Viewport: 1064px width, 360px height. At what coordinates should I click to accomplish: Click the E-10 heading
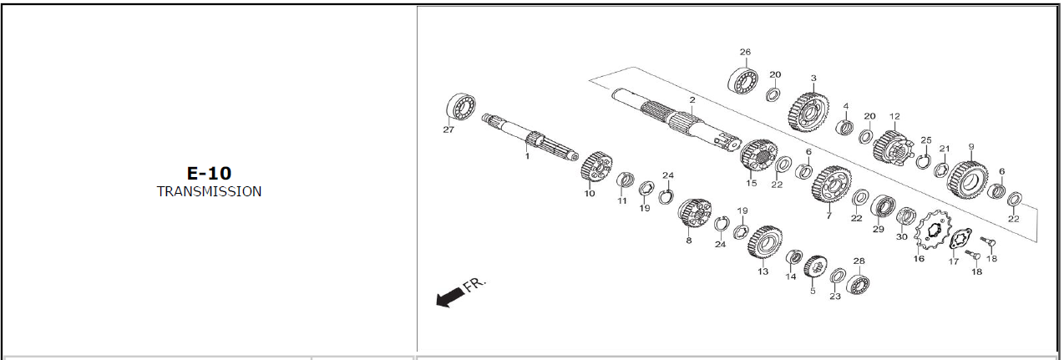click(x=209, y=174)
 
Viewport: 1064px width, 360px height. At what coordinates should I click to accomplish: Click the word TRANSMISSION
click(x=209, y=192)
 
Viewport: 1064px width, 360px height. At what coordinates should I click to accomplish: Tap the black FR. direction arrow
click(x=449, y=297)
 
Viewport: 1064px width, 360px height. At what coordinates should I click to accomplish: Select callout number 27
click(x=448, y=129)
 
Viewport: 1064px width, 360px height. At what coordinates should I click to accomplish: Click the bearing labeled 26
click(x=742, y=81)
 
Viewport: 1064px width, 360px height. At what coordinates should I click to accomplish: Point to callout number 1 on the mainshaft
click(x=527, y=156)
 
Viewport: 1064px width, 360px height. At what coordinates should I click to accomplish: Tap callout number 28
click(x=859, y=261)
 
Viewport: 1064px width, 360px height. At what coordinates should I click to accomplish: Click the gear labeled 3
click(x=809, y=112)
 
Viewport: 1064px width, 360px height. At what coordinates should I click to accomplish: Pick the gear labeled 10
click(x=596, y=166)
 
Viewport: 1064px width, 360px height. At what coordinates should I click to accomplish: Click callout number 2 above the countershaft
click(x=692, y=100)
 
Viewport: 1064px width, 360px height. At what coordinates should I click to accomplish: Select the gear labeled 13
click(x=765, y=242)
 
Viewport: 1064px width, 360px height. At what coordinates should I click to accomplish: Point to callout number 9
click(x=971, y=147)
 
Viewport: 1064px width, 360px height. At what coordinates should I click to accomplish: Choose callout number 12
click(x=894, y=116)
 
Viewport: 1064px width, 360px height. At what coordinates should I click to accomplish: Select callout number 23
click(x=835, y=297)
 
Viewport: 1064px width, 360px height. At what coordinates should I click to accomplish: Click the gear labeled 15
click(x=758, y=155)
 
